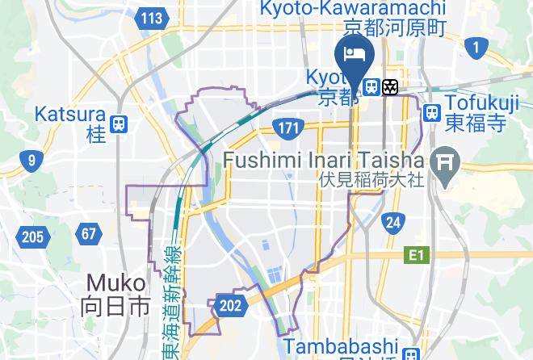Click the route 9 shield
(x=31, y=161)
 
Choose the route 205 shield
(x=31, y=237)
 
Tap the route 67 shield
(x=88, y=235)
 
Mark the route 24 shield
(x=392, y=222)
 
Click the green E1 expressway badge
(x=415, y=255)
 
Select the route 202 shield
(x=230, y=305)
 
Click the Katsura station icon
(x=120, y=123)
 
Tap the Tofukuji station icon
(x=432, y=112)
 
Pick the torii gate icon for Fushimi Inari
(x=443, y=163)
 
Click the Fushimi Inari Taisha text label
(x=323, y=160)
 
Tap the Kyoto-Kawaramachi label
(x=352, y=9)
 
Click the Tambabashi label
(x=342, y=345)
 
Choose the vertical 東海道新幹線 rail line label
(x=170, y=299)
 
